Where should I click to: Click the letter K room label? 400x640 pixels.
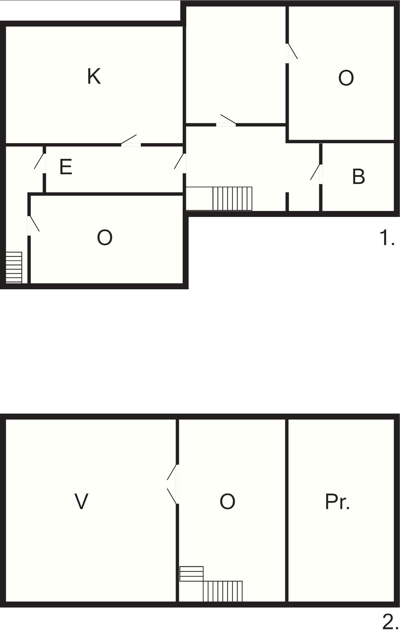coord(94,76)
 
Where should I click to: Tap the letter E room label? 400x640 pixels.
coord(66,167)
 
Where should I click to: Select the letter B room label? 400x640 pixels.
coord(358,176)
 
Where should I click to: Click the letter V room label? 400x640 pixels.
coord(81,501)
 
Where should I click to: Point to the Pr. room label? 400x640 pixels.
coord(337,501)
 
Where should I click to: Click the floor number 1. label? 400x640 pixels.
coord(387,238)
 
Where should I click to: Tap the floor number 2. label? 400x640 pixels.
coord(390,622)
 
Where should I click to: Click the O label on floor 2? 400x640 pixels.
coord(227,501)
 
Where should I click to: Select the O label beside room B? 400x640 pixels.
coord(346,78)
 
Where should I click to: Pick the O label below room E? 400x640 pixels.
coord(104,238)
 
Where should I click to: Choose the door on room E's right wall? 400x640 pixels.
coord(180,163)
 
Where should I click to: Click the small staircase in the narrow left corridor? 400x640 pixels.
coord(14,268)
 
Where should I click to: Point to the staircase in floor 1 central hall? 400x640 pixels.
coord(232,198)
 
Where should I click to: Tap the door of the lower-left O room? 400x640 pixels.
coord(33,225)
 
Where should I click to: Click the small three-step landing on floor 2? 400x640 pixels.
coord(191,574)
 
